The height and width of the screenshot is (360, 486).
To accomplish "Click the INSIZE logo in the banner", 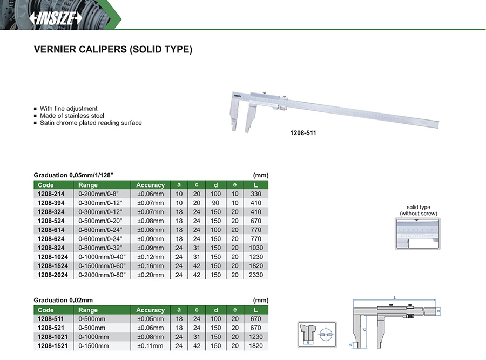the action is tap(56, 18).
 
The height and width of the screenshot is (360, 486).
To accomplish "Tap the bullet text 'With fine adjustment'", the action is tap(69, 109).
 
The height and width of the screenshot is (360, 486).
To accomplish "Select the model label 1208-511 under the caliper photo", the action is tap(303, 133).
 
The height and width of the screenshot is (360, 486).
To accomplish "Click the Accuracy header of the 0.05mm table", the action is tap(150, 185).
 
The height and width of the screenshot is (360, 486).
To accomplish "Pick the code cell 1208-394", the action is tap(51, 203).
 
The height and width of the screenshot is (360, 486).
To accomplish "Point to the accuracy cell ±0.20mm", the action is tap(150, 275).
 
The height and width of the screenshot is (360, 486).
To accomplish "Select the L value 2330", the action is tap(256, 275).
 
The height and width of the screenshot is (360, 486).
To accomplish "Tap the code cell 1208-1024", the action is tap(53, 257).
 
